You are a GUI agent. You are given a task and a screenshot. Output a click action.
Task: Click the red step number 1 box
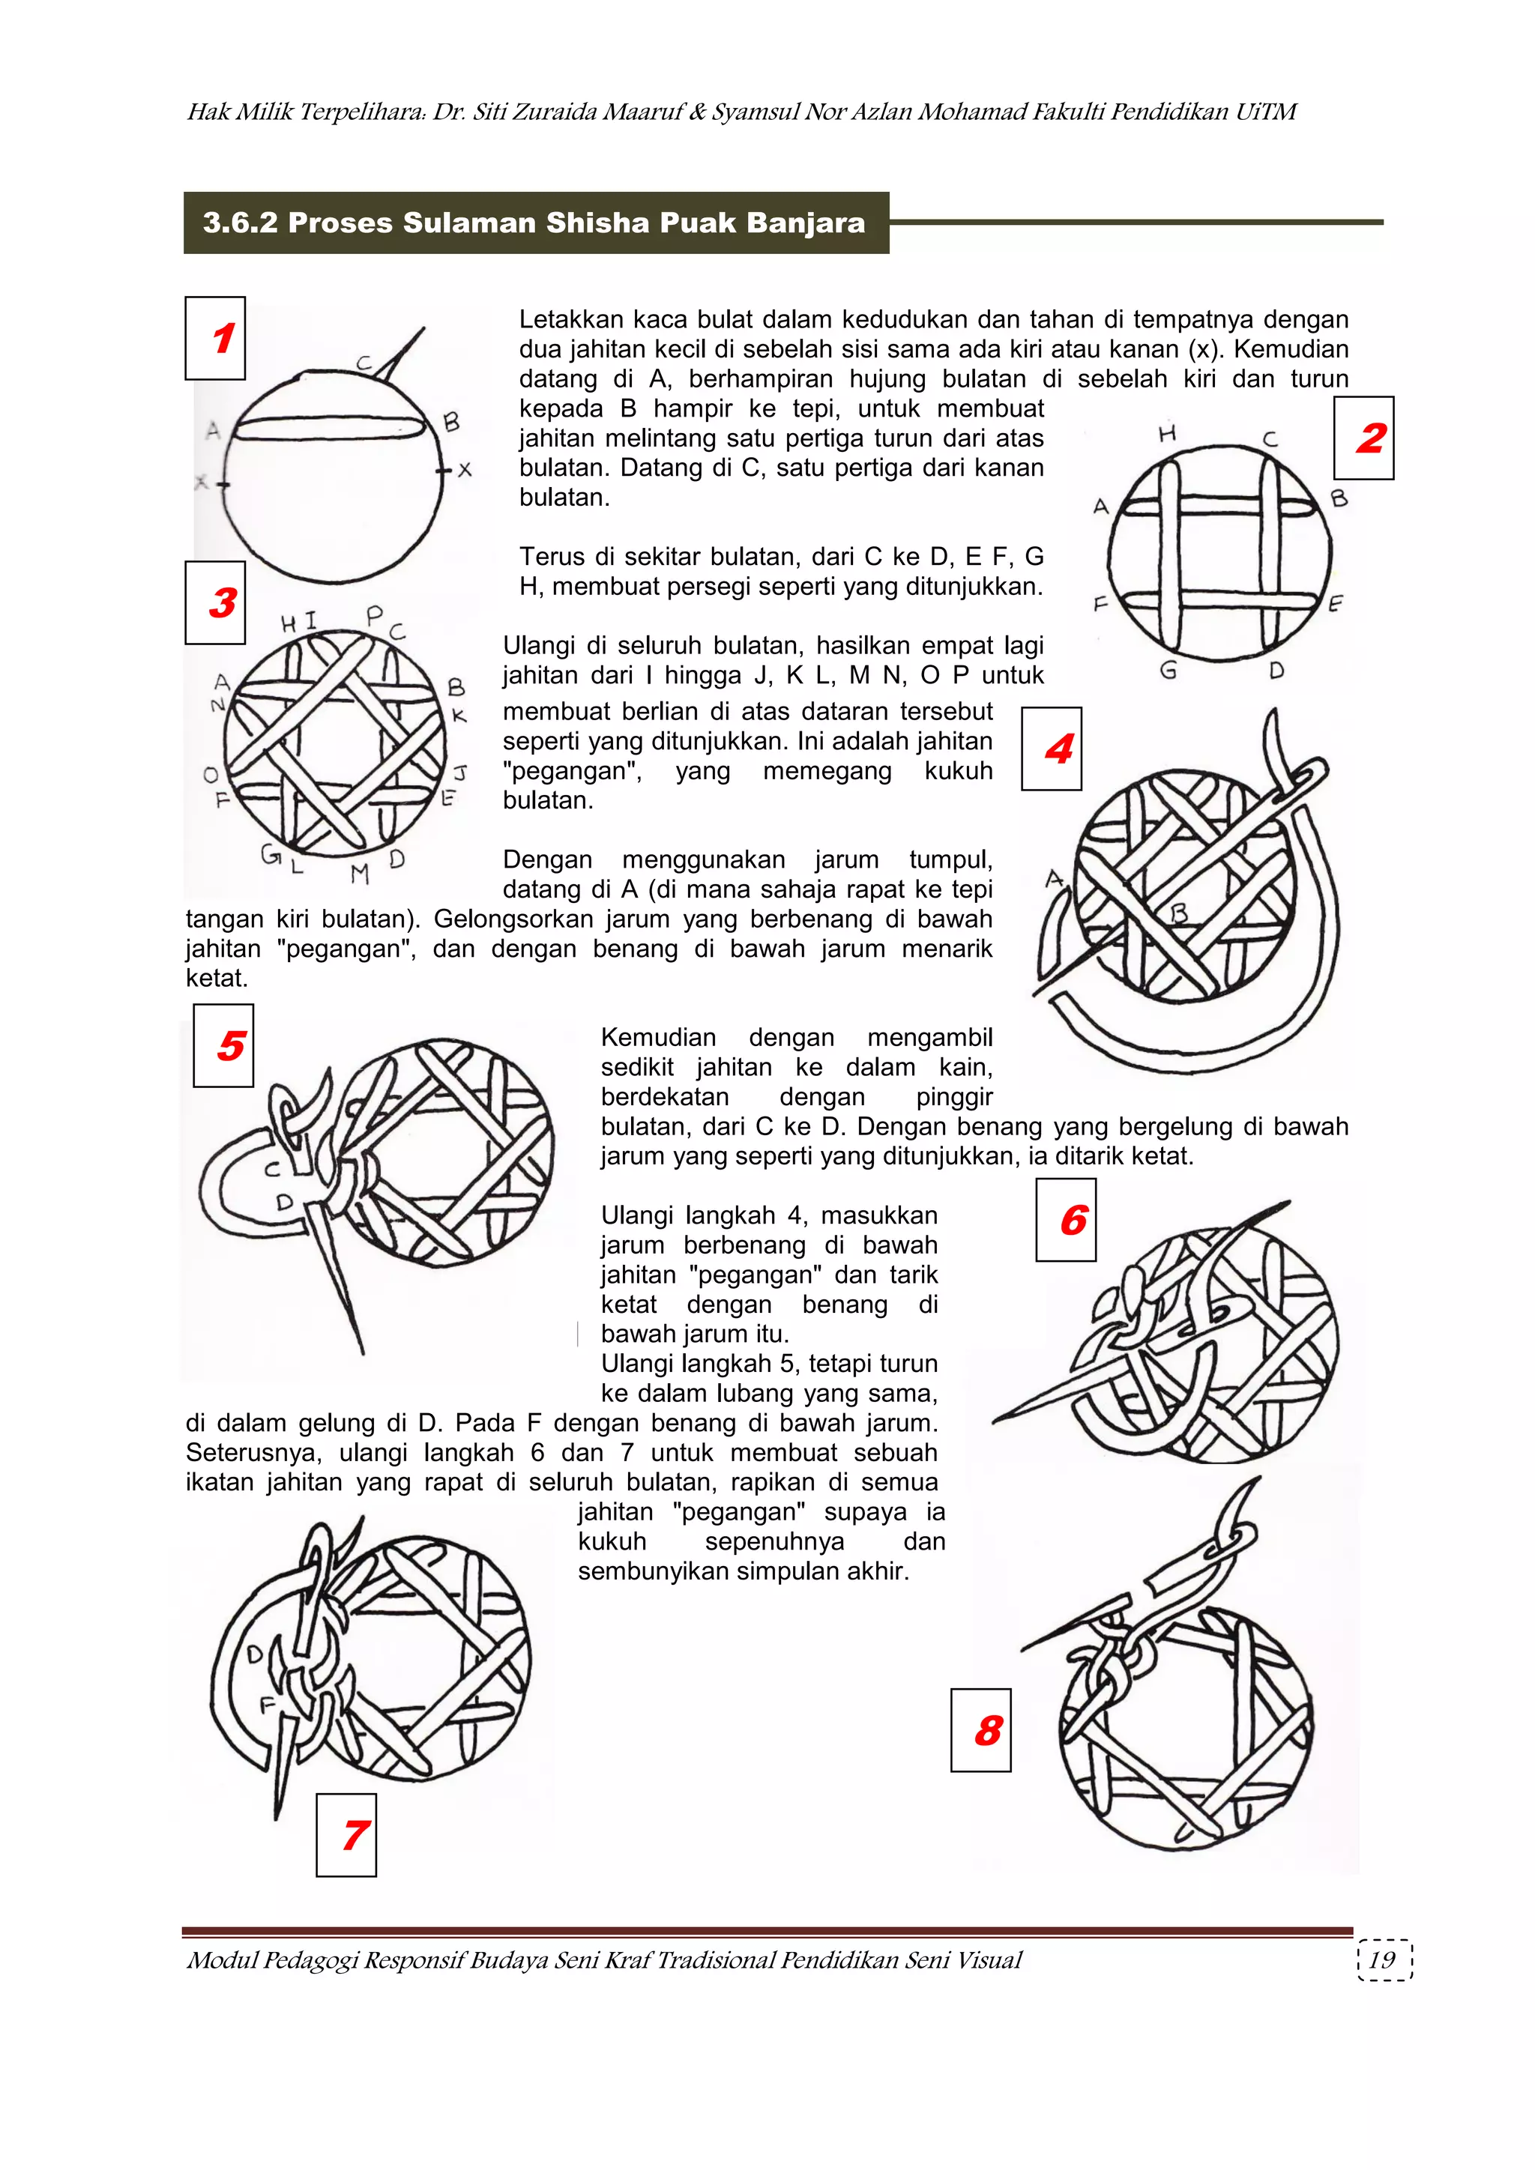(x=216, y=339)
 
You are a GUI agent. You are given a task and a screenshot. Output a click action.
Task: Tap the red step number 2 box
(x=1364, y=438)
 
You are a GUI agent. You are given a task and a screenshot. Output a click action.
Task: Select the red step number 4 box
(x=1052, y=749)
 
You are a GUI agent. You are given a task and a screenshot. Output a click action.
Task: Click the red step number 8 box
(x=981, y=1730)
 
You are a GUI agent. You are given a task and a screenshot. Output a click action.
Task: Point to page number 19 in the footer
(x=1382, y=1960)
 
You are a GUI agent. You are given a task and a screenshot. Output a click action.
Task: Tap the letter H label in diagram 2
(x=1167, y=434)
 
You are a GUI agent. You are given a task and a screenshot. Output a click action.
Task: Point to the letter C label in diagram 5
(x=272, y=1170)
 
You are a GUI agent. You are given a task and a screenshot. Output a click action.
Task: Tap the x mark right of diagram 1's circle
(x=464, y=470)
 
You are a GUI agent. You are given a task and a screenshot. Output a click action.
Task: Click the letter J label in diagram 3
(x=460, y=773)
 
